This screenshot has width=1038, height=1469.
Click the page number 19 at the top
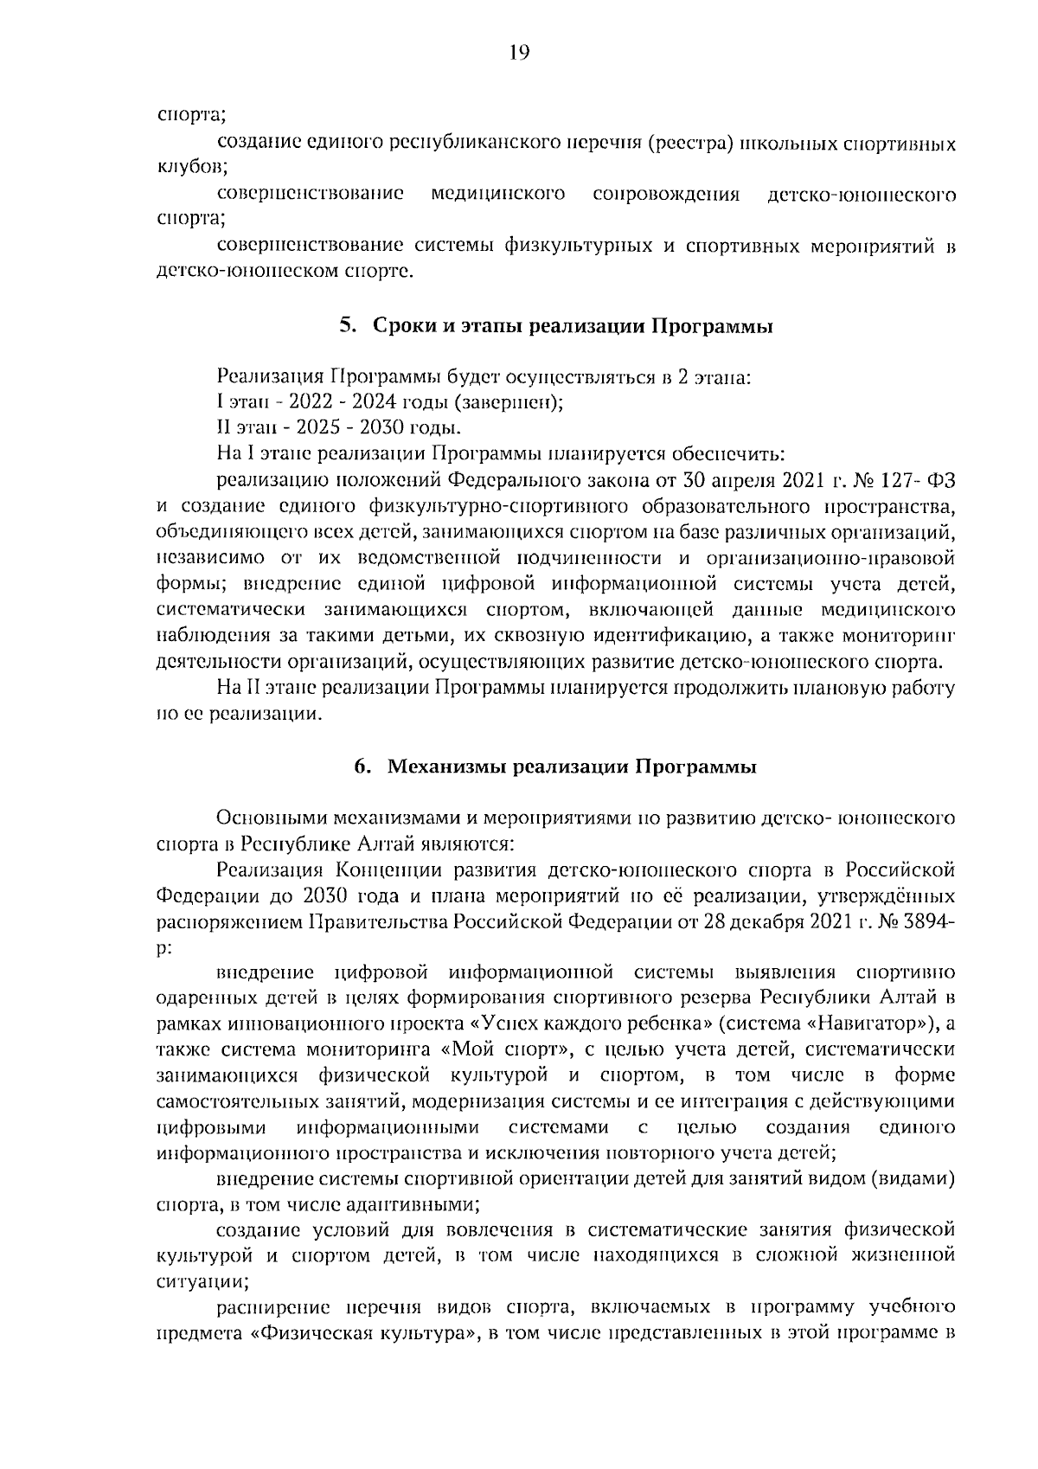pyautogui.click(x=519, y=54)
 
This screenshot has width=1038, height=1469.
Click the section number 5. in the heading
pyautogui.click(x=348, y=327)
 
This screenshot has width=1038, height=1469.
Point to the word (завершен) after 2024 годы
pyautogui.click(x=509, y=402)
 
